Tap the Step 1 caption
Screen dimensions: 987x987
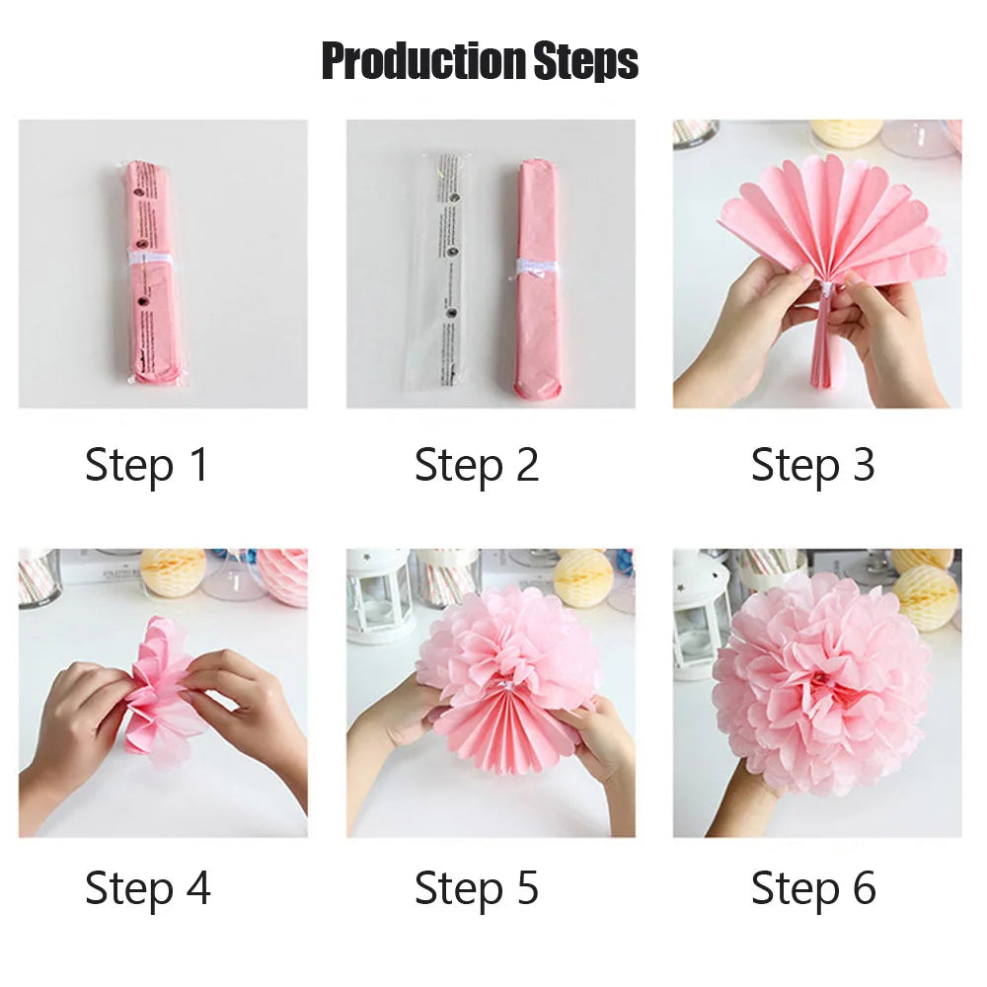(x=147, y=465)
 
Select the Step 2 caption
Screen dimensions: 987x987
(x=477, y=465)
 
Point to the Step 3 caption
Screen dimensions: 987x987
(x=812, y=465)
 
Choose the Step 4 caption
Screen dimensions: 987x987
(x=147, y=888)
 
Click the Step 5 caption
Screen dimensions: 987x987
(x=477, y=888)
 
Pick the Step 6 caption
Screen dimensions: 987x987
(x=812, y=888)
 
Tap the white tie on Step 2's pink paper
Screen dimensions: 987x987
(x=536, y=268)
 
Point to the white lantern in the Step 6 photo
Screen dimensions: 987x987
(x=701, y=612)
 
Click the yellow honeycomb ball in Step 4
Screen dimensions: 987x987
(x=173, y=570)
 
